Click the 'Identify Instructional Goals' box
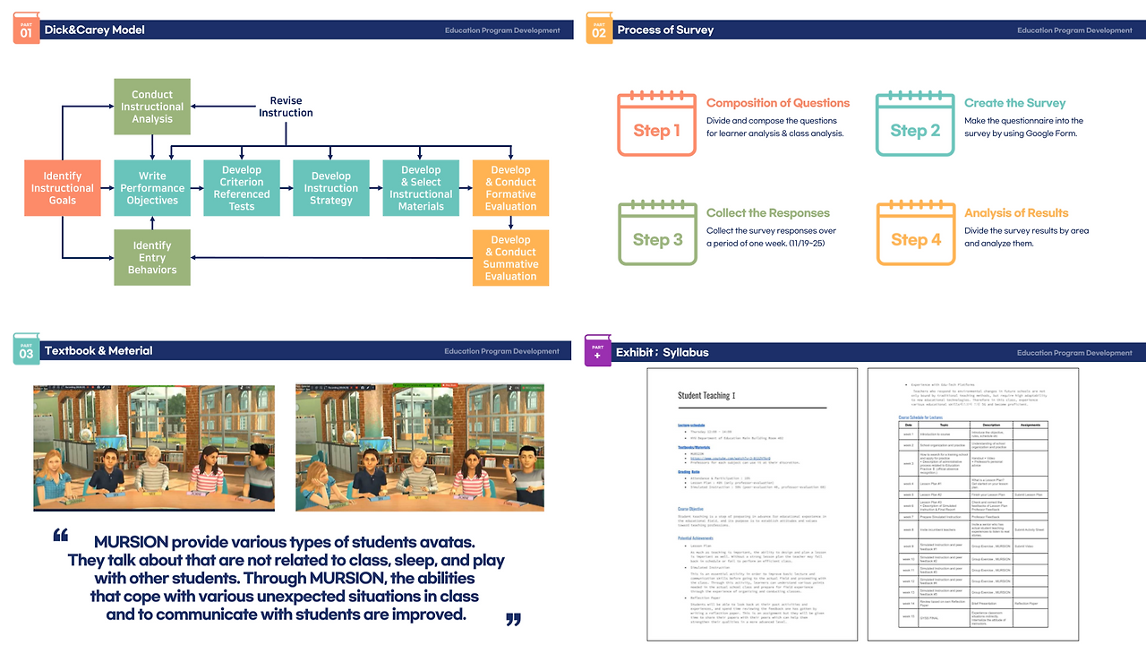(63, 188)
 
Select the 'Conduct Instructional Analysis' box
(152, 107)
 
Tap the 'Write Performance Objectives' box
(152, 188)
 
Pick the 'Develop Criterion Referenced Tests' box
(242, 188)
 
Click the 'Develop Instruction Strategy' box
(331, 188)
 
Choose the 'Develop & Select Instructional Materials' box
(421, 188)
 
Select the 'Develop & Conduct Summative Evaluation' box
(510, 258)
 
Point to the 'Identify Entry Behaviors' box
(152, 258)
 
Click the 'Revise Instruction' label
(286, 107)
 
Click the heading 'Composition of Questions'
(778, 103)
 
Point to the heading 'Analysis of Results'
(1016, 213)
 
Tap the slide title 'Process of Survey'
(665, 30)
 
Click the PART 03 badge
(26, 350)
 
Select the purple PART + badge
(597, 350)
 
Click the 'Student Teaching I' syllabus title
(706, 395)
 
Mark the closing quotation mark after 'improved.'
(513, 618)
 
